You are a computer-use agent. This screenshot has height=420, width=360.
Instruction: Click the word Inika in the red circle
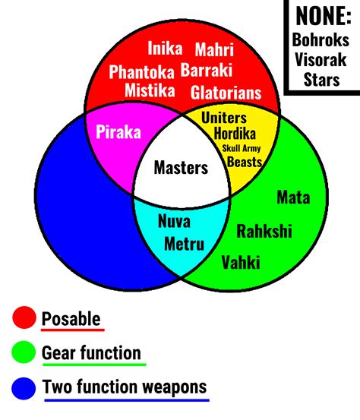click(x=165, y=49)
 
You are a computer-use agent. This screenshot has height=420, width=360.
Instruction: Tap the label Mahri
click(x=214, y=50)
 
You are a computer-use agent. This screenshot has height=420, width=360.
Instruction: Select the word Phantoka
click(x=142, y=72)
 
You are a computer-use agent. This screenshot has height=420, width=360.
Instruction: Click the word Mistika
click(x=150, y=91)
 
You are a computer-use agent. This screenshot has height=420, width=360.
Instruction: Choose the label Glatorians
click(x=226, y=93)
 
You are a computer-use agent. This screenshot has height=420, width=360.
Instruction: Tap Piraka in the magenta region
click(x=118, y=131)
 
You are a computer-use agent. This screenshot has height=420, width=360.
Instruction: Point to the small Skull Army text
click(x=241, y=148)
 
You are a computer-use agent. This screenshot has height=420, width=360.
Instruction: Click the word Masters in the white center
click(x=181, y=168)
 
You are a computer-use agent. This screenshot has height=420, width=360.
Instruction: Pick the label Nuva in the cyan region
click(x=174, y=223)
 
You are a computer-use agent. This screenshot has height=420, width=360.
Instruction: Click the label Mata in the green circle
click(x=293, y=198)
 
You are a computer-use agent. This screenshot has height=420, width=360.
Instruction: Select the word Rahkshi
click(x=264, y=232)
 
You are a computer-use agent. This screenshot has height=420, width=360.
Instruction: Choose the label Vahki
click(x=241, y=263)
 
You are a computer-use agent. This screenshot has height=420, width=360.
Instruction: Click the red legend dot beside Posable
click(x=24, y=318)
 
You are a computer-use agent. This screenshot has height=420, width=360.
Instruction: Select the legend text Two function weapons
click(x=125, y=387)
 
